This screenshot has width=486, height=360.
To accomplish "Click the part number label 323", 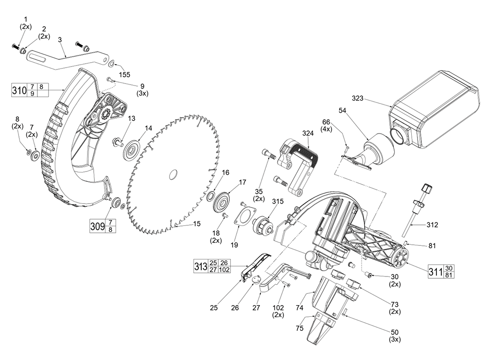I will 357,99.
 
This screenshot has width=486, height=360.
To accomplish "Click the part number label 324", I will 308,133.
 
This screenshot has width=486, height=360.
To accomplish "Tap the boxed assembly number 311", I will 435,271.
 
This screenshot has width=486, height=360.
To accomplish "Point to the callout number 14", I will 149,128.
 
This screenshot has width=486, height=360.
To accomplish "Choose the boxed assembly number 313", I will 200,266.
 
